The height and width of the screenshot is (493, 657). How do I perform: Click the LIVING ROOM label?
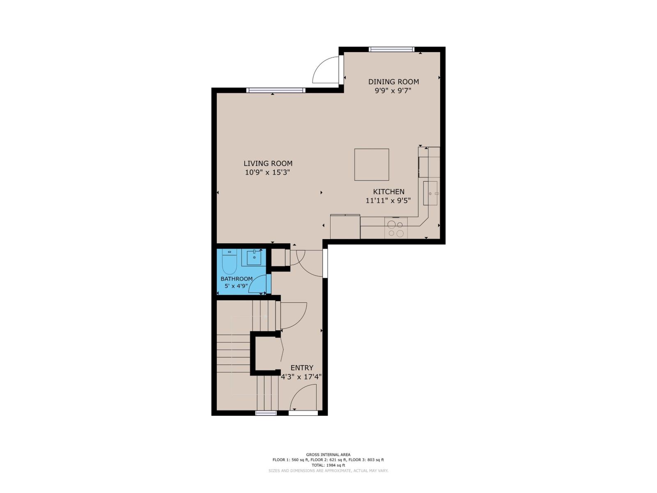click(x=268, y=163)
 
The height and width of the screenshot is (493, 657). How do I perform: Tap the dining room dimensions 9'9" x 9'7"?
click(x=393, y=91)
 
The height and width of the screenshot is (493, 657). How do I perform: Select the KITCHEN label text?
click(x=388, y=191)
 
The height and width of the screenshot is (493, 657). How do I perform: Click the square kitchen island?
click(x=372, y=164)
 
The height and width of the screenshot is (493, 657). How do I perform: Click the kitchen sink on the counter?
click(x=431, y=193)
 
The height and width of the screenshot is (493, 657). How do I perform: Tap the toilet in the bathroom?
click(x=229, y=263)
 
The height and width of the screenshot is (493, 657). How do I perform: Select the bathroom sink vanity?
click(x=254, y=258)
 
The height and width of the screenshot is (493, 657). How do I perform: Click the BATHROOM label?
click(x=237, y=279)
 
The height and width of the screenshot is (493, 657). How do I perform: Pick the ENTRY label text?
click(x=302, y=368)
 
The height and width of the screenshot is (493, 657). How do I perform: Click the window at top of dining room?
click(x=391, y=49)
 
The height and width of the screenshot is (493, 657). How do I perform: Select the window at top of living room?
click(x=276, y=90)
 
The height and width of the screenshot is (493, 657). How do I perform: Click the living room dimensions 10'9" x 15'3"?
click(x=268, y=173)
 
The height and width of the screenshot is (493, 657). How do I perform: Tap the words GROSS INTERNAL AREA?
click(x=328, y=454)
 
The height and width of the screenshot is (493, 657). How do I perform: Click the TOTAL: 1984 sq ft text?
click(x=328, y=465)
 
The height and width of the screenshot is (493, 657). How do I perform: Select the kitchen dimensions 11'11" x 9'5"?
click(x=388, y=201)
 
